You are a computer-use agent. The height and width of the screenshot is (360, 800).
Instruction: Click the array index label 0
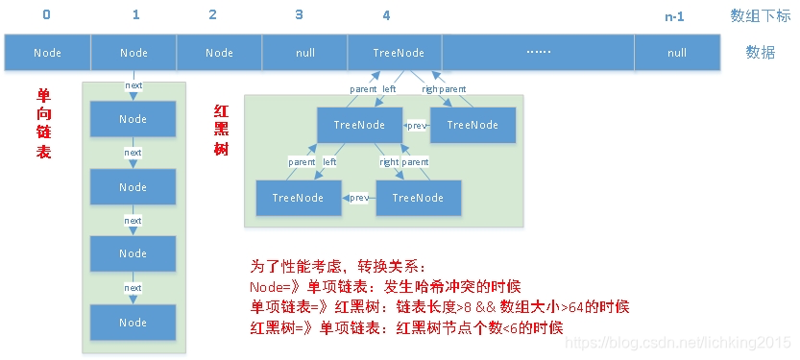pos(47,15)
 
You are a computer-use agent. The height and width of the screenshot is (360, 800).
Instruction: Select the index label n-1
pos(676,16)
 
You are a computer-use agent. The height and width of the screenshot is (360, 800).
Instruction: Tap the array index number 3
pos(300,15)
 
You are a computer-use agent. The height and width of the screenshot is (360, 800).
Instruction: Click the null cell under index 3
pos(303,53)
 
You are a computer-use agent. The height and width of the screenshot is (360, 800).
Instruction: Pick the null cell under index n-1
pos(676,53)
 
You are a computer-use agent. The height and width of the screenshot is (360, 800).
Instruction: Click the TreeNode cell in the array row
pos(399,53)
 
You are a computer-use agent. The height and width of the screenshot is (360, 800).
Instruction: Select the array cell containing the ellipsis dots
pos(538,53)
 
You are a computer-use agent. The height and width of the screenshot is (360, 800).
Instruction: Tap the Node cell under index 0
pos(47,53)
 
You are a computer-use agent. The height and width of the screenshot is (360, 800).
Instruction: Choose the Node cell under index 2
pos(219,53)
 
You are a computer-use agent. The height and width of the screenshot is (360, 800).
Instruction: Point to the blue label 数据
pos(760,53)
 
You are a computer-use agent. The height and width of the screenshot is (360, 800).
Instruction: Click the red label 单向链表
pos(43,124)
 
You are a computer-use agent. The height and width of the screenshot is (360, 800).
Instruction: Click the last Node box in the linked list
pos(133,322)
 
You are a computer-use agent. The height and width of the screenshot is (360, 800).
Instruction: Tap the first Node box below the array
pos(133,119)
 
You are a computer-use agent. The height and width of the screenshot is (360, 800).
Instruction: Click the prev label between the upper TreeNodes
pos(416,125)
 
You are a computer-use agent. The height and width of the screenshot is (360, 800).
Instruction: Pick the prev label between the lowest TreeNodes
pos(359,198)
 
